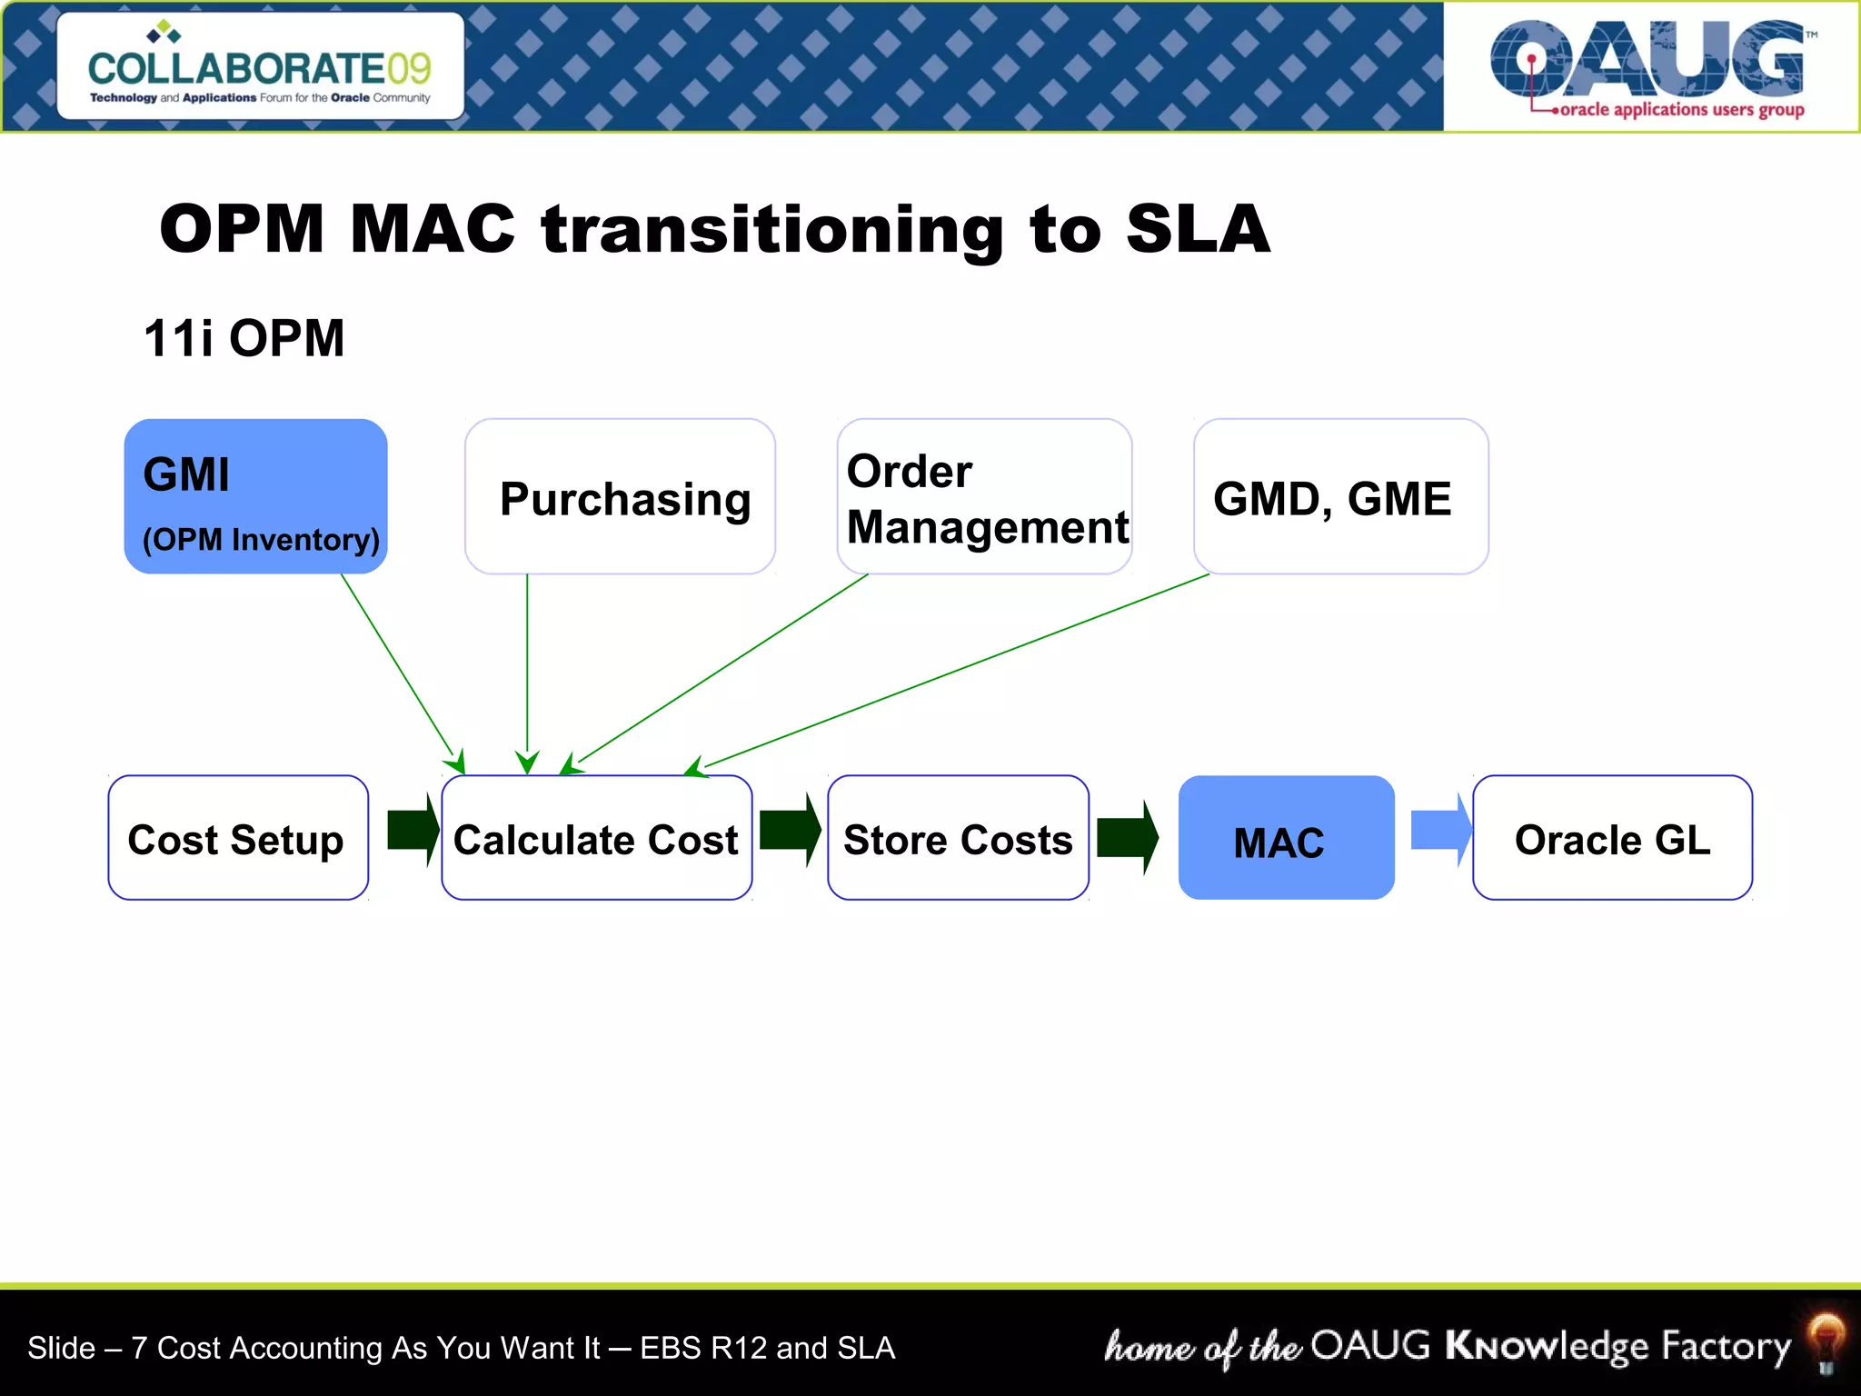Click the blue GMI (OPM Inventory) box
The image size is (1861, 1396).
pos(255,496)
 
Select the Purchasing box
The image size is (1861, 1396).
pos(620,496)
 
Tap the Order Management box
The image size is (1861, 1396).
pos(984,496)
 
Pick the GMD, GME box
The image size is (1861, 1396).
pos(1340,496)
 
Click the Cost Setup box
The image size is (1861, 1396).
pos(238,838)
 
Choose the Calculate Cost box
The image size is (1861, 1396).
pos(596,838)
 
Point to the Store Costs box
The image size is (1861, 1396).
pos(958,838)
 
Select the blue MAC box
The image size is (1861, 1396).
pos(1286,838)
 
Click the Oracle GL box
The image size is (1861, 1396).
pos(1612,838)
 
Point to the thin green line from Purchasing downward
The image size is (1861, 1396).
pos(527,663)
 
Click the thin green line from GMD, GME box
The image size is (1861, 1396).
pos(954,671)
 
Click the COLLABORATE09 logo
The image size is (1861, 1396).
pos(260,67)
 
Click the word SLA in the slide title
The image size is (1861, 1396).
pos(1197,229)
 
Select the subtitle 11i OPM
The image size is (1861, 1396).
pos(244,338)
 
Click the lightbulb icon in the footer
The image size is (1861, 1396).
pos(1825,1341)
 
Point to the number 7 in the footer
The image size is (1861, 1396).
pos(138,1348)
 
